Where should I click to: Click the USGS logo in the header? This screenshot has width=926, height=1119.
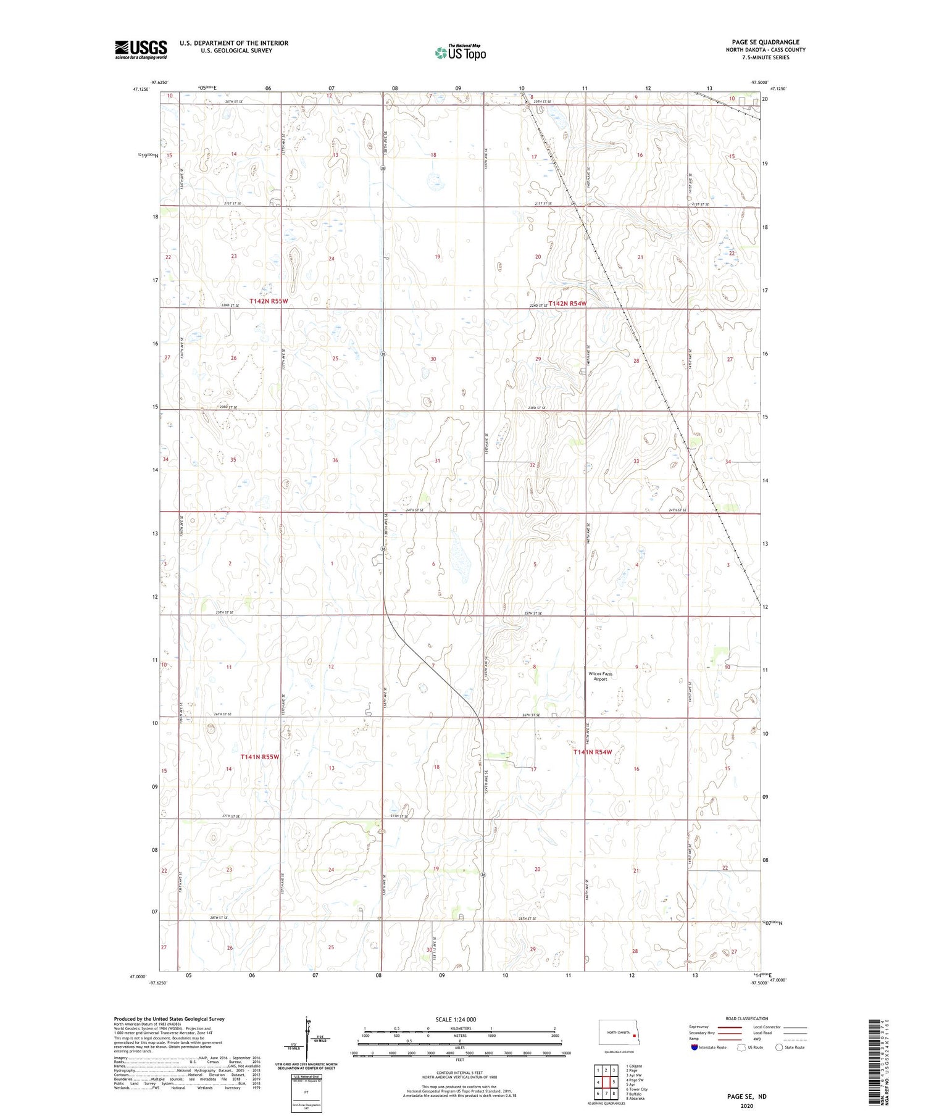coord(141,49)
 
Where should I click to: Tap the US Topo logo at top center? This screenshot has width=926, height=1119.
coord(460,52)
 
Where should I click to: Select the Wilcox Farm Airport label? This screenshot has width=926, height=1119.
coord(600,676)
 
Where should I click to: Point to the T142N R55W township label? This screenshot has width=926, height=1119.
coord(269,301)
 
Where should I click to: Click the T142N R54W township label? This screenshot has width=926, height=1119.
coord(567,304)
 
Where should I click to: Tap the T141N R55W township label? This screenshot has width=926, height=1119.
coord(260,757)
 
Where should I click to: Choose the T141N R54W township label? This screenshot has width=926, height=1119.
coord(593,752)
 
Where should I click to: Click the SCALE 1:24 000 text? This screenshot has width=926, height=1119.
coord(456,1019)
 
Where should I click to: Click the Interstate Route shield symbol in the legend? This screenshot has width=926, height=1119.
coord(695,1047)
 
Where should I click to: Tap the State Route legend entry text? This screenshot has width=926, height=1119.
coord(795,1047)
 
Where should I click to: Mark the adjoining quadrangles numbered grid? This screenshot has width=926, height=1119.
coord(606,1077)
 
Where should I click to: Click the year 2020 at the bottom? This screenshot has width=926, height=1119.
coord(746,1106)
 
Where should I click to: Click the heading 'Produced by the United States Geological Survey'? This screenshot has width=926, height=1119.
coord(169,1019)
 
